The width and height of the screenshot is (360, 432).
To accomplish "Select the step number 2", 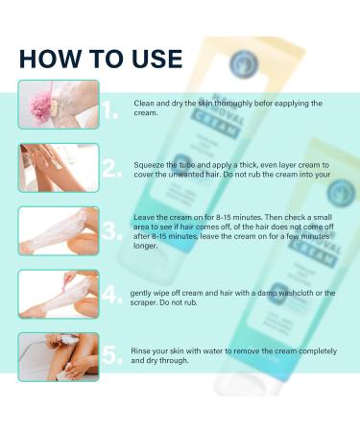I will coord(110,169).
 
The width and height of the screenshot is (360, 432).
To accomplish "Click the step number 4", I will coord(110,295).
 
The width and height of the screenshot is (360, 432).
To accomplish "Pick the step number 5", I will coord(110,355).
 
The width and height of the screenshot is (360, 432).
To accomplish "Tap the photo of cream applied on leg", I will coord(58,167).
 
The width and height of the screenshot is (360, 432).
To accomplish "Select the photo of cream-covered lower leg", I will coord(58,230).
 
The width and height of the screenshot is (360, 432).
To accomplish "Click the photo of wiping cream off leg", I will coord(58,294).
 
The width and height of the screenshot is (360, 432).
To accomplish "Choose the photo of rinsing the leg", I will coord(58,356).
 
